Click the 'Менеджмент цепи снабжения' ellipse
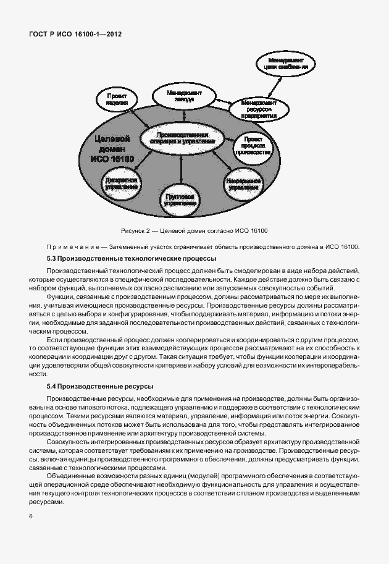286,63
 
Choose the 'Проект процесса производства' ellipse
253,146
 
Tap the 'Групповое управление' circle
181,198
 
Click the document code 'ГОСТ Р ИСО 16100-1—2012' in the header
75,35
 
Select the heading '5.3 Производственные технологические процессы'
131,258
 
